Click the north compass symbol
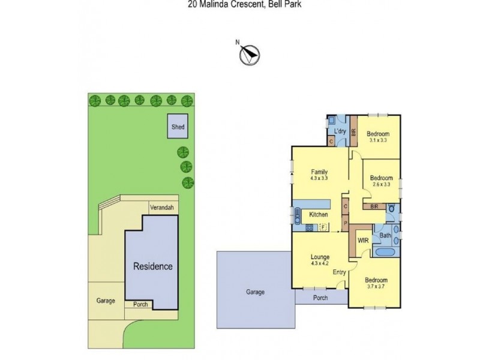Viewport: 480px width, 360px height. point(248,55)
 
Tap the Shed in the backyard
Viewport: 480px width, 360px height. point(178,127)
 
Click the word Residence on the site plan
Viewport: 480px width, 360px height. point(152,266)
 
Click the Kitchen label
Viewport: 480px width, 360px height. point(318,215)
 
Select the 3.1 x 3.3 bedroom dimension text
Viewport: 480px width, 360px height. point(378,140)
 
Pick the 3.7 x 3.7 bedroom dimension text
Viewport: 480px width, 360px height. point(377,287)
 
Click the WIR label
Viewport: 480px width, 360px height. point(362,240)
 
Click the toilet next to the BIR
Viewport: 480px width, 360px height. point(392,211)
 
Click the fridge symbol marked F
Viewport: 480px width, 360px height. point(323,227)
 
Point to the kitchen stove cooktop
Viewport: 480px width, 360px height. point(310,227)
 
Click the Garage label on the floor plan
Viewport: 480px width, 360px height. point(255,292)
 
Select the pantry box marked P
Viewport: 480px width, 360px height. point(346,224)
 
